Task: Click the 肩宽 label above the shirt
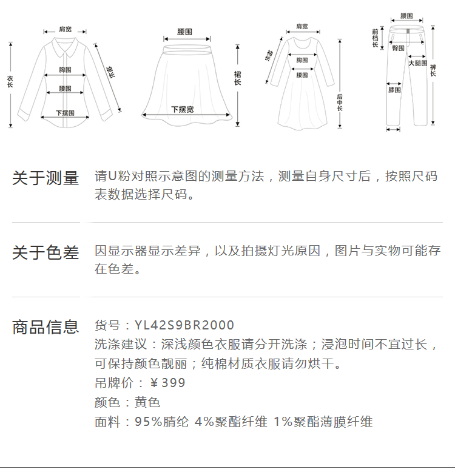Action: [x=65, y=29]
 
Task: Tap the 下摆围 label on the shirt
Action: [x=65, y=113]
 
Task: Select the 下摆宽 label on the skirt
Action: [x=182, y=109]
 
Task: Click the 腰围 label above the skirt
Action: [x=185, y=31]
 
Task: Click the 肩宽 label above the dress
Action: [x=302, y=26]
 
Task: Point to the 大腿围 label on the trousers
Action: [x=417, y=63]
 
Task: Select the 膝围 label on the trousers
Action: [x=394, y=90]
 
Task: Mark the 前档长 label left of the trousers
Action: [x=376, y=38]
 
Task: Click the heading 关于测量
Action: [x=45, y=178]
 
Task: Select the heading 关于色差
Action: [x=45, y=253]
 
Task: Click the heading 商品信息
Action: [x=45, y=327]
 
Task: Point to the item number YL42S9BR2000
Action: [x=184, y=326]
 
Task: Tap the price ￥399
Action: [x=167, y=383]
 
